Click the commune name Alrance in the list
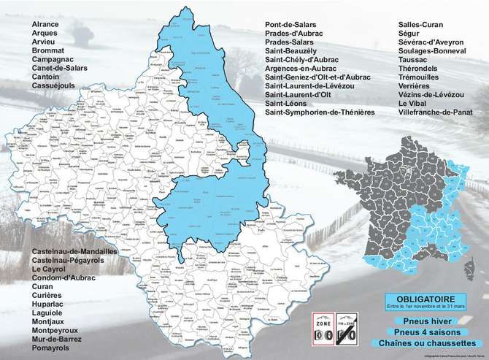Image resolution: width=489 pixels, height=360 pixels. (x=45, y=25)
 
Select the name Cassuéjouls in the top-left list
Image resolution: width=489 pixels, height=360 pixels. (x=53, y=86)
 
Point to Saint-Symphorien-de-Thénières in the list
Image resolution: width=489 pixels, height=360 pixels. (x=320, y=112)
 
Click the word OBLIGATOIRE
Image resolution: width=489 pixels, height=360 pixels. (x=426, y=299)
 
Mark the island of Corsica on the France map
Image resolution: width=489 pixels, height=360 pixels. (x=468, y=262)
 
